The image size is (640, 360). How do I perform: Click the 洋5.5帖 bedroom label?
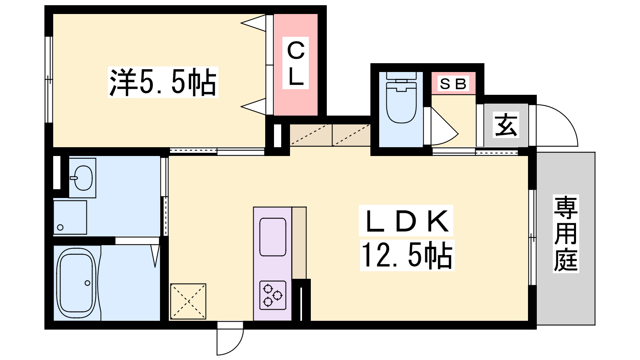pyautogui.click(x=163, y=82)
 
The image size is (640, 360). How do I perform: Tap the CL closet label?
pyautogui.click(x=296, y=63)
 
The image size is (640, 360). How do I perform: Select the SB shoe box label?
pyautogui.click(x=453, y=84)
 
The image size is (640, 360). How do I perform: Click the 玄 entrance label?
pyautogui.click(x=506, y=125)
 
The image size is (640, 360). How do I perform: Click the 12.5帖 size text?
pyautogui.click(x=407, y=255)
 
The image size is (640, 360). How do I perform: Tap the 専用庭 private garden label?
pyautogui.click(x=566, y=234)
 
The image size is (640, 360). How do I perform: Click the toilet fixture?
pyautogui.click(x=401, y=98)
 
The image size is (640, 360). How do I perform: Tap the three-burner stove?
pyautogui.click(x=273, y=295)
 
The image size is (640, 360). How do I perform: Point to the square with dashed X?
pyautogui.click(x=188, y=301)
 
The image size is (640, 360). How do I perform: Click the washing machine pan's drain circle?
pyautogui.click(x=60, y=228)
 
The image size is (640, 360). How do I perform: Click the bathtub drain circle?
pyautogui.click(x=88, y=283)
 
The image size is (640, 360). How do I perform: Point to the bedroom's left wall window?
pyautogui.click(x=49, y=80)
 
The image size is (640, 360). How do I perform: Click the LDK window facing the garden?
pyautogui.click(x=532, y=237)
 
